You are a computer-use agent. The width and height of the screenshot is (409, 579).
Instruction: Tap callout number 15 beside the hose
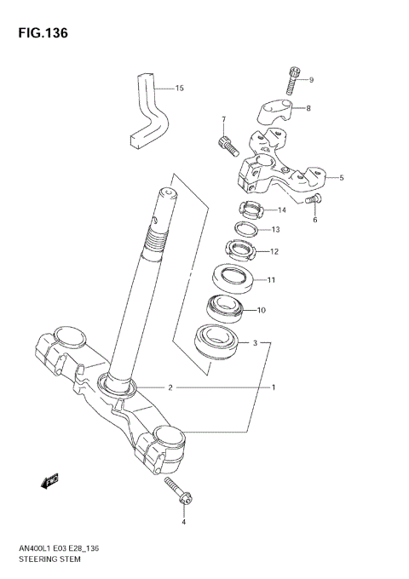[179, 88]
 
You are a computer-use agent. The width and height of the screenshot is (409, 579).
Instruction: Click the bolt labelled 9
[294, 80]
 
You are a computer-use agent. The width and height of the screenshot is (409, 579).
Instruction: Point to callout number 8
[308, 108]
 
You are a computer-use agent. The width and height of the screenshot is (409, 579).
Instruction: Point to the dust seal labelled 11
[232, 278]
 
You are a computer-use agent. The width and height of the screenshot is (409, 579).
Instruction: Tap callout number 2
[170, 387]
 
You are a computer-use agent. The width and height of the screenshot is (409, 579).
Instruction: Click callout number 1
[274, 387]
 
